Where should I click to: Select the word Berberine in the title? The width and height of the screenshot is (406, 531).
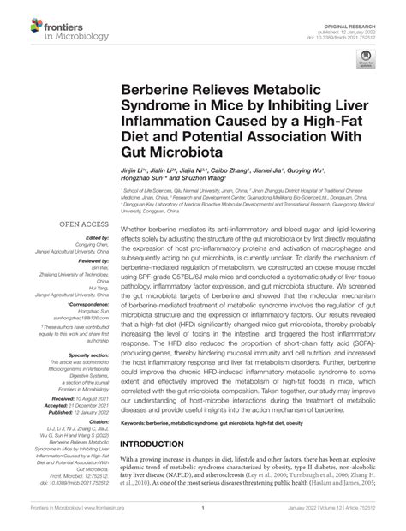pyautogui.click(x=166, y=88)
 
